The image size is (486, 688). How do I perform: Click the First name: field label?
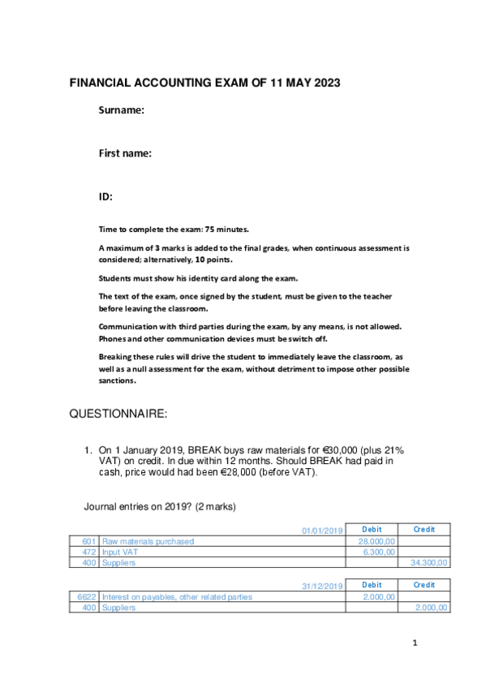[126, 153]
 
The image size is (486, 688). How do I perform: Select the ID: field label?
[105, 196]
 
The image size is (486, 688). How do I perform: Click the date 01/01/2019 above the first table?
[322, 531]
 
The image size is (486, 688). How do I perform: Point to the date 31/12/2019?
[322, 586]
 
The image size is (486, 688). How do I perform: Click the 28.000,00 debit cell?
[376, 541]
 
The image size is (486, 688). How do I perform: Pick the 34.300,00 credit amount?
[430, 562]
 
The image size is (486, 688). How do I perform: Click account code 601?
[89, 541]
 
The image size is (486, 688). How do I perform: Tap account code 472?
[89, 552]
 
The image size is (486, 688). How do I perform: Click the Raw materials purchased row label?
[148, 541]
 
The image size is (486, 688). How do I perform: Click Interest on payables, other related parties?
[177, 597]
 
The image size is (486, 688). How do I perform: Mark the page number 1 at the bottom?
[414, 644]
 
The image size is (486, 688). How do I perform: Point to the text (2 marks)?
[213, 507]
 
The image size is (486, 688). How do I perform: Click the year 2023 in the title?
[324, 83]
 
